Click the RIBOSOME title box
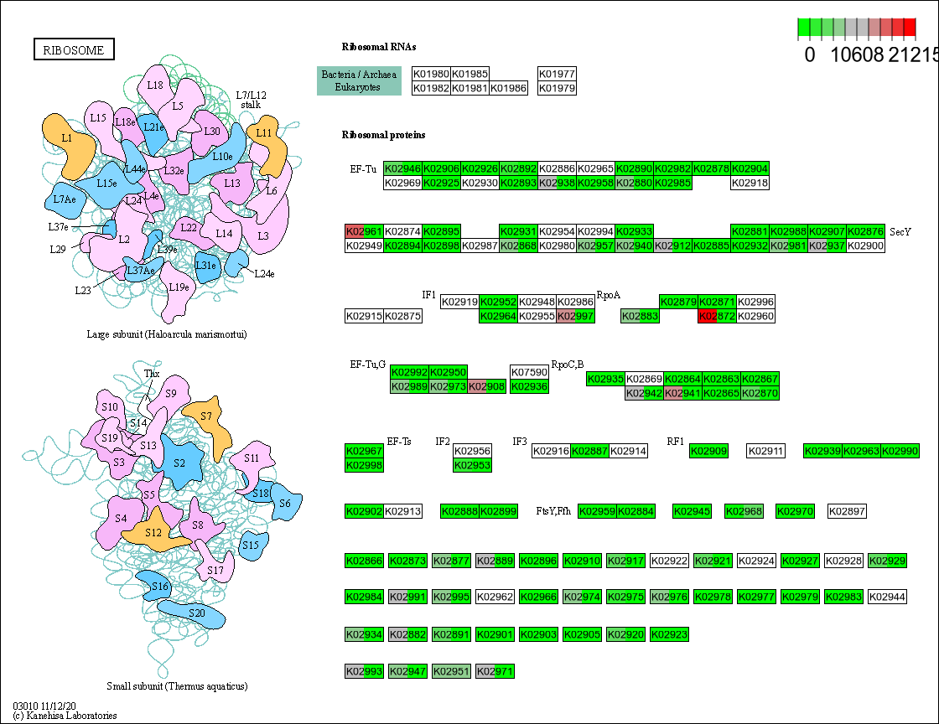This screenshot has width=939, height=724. (74, 50)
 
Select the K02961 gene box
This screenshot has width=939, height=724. (364, 231)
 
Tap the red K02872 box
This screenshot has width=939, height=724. (717, 316)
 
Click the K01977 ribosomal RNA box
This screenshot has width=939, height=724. (557, 74)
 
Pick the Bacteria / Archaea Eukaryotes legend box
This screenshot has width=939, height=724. (360, 80)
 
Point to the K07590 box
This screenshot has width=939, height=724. (529, 371)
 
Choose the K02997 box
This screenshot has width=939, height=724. (576, 316)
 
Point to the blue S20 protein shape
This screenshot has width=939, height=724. (195, 613)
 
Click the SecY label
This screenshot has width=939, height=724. (900, 231)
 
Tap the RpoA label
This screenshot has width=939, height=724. (608, 295)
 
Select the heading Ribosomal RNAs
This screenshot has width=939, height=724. (379, 47)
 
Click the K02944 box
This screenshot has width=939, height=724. (887, 597)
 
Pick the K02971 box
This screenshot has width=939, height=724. (494, 671)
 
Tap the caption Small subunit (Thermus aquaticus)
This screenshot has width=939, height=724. (177, 686)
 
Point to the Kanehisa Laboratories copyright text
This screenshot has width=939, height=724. (65, 716)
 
